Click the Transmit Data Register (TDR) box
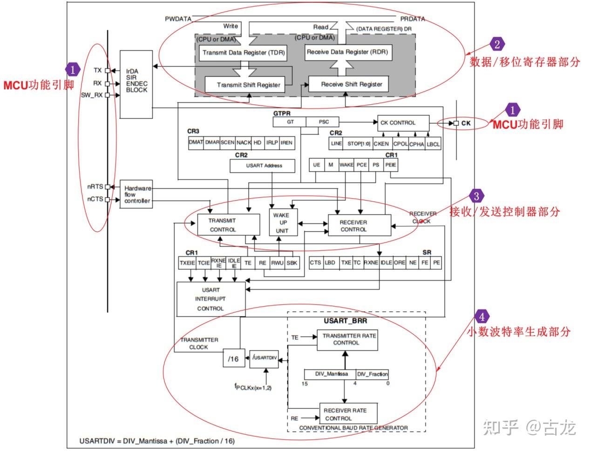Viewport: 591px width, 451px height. tap(243, 53)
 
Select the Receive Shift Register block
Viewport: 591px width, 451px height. tap(351, 84)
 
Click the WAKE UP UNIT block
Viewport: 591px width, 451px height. tap(281, 222)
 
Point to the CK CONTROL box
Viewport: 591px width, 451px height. tap(403, 123)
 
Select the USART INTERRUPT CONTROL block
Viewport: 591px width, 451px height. tap(211, 299)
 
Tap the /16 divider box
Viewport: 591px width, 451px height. tap(233, 358)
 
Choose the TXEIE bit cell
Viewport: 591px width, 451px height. tap(187, 263)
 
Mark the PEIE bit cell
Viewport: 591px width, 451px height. tap(391, 165)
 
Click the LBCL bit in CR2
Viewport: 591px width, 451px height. tap(433, 144)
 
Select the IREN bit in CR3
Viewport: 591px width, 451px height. tap(286, 142)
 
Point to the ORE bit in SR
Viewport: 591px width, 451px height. tap(400, 263)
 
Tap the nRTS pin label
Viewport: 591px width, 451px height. tap(95, 187)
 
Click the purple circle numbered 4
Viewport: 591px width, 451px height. tap(482, 317)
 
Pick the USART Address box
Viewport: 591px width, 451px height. tap(264, 166)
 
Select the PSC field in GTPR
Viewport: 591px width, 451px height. tap(324, 122)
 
